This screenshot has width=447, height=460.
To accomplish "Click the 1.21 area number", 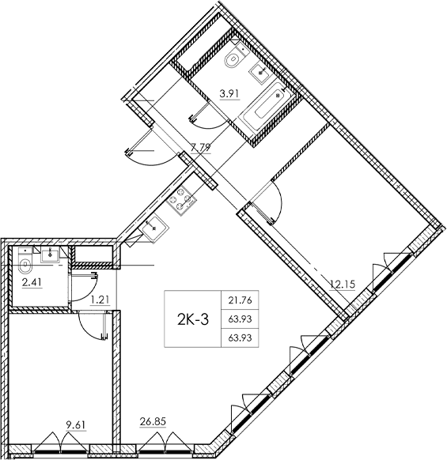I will (x=99, y=300).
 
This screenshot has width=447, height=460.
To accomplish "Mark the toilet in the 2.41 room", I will (x=25, y=264).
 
